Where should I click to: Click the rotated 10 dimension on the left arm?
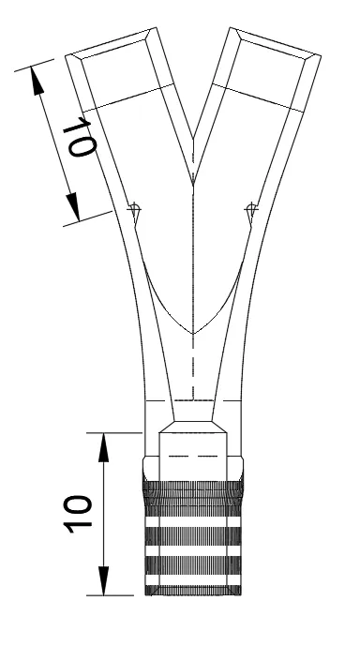(x=80, y=137)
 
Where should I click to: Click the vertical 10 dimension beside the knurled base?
(x=78, y=514)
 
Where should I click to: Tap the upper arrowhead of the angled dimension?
(x=37, y=82)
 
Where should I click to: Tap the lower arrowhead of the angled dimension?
(x=74, y=207)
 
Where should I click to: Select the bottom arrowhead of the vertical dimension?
(x=104, y=581)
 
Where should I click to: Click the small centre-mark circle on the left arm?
(x=133, y=209)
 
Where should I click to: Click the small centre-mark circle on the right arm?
(x=251, y=209)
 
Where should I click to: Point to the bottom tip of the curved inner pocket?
(x=193, y=333)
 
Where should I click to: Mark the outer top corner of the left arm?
(x=66, y=55)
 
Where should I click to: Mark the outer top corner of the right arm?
(x=321, y=55)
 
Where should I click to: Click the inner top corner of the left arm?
(x=157, y=27)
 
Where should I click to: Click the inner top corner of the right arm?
(x=231, y=27)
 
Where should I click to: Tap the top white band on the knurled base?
(x=193, y=521)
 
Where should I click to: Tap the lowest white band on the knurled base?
(x=193, y=580)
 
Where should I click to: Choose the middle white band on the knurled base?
(x=193, y=550)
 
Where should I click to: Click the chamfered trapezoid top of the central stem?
(x=193, y=427)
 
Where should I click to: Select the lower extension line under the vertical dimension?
(x=110, y=595)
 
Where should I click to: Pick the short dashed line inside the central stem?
(x=193, y=456)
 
